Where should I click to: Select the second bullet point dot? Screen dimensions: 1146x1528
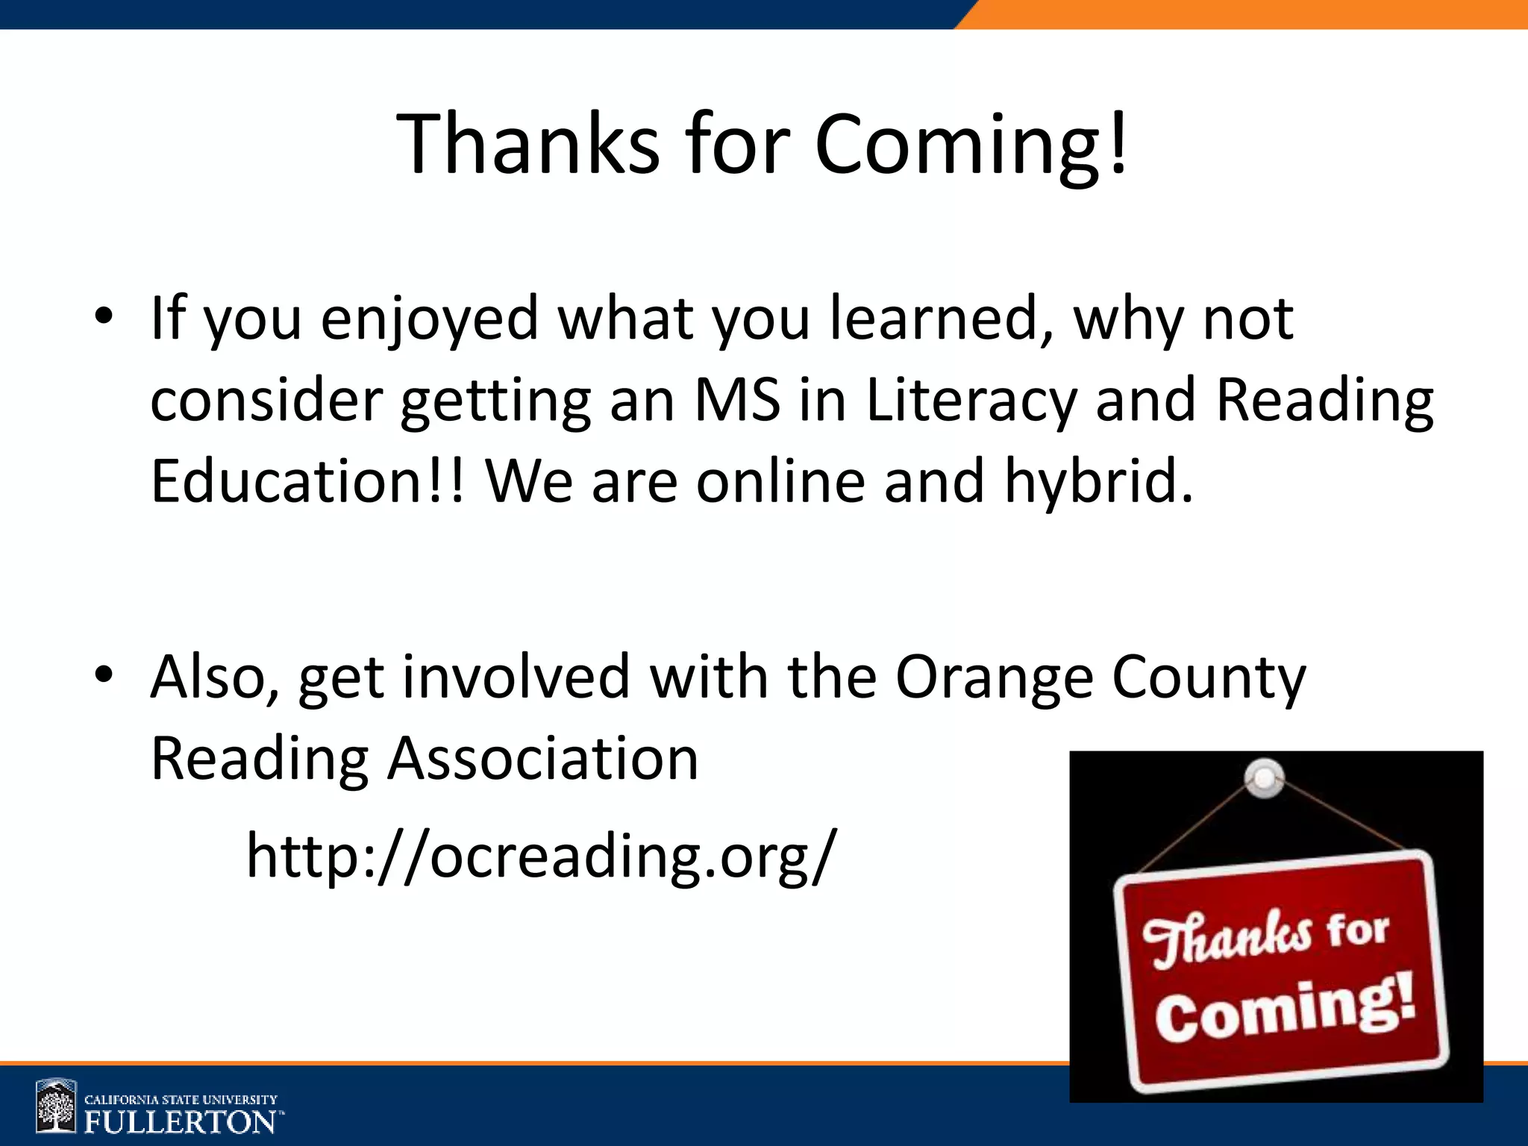[104, 674]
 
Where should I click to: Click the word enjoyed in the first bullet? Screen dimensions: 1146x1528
[430, 319]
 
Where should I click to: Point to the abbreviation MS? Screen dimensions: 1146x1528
[737, 400]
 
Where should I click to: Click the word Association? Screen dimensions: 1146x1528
[542, 758]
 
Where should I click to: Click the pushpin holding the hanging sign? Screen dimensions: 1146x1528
[1265, 778]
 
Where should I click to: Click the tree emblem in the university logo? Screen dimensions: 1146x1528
[56, 1106]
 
